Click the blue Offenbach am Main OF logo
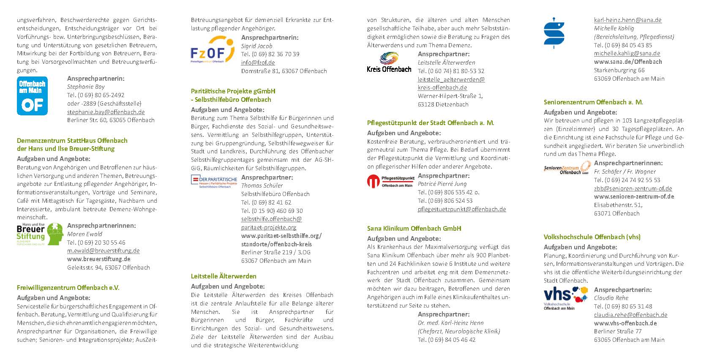tap(32, 96)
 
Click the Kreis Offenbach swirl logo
tap(389, 62)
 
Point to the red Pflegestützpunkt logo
tap(390, 182)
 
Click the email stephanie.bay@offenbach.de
tap(106, 112)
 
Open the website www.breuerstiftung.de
tap(98, 259)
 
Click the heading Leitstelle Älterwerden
tap(224, 276)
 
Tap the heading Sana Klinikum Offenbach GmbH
tap(414, 228)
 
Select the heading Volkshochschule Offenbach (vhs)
tap(592, 237)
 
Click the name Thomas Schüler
tap(262, 185)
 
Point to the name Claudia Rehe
tap(611, 298)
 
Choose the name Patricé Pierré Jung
tap(442, 184)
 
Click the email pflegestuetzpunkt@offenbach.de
tap(462, 209)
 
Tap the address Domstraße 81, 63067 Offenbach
tap(284, 71)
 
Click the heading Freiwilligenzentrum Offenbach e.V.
tap(68, 287)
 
